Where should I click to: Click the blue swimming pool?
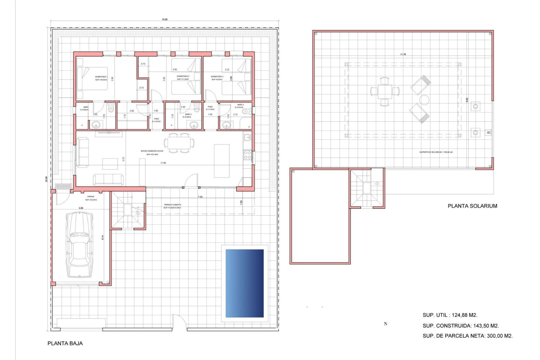[x=244, y=283]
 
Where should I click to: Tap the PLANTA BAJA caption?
[x=65, y=343]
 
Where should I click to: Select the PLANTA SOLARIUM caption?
[x=472, y=206]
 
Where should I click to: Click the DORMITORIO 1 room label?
[x=101, y=77]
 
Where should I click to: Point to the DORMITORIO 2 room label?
[x=183, y=76]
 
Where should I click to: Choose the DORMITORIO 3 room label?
[x=217, y=76]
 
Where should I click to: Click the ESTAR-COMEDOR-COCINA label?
[x=152, y=151]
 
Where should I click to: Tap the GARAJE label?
[x=91, y=197]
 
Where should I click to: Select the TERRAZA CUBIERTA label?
[x=172, y=205]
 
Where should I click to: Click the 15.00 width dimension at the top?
[x=165, y=19]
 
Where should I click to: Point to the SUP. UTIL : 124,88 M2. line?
[x=450, y=315]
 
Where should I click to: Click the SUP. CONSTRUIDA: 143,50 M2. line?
[x=460, y=326]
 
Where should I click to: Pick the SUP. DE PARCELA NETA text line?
[x=467, y=336]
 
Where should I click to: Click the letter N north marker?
[x=386, y=324]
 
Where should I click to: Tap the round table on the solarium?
[x=424, y=100]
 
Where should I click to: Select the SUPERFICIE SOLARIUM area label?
[x=436, y=152]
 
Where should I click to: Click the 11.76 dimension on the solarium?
[x=403, y=54]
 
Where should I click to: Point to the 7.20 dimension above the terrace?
[x=200, y=197]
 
